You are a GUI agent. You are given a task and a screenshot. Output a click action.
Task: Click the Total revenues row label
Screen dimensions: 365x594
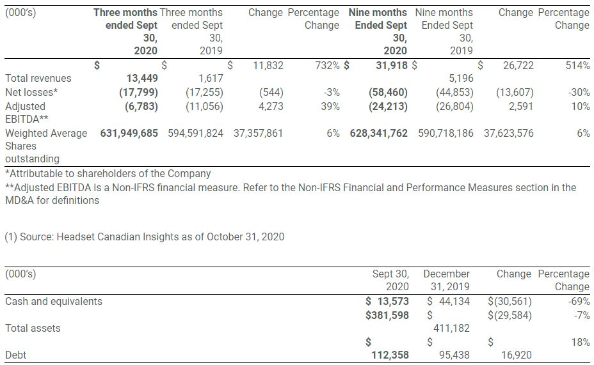tap(38, 78)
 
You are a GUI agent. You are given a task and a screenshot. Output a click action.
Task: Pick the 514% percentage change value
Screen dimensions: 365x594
tap(577, 65)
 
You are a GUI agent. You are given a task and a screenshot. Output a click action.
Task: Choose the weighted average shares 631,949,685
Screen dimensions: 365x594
tap(129, 134)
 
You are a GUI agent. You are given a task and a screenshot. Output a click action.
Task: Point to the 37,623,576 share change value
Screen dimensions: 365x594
tap(503, 134)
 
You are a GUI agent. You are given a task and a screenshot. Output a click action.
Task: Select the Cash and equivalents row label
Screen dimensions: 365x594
tap(53, 301)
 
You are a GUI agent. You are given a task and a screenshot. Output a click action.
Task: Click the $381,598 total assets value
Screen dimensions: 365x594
tap(387, 315)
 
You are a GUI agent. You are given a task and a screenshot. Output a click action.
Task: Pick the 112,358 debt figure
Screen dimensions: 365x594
tap(390, 355)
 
